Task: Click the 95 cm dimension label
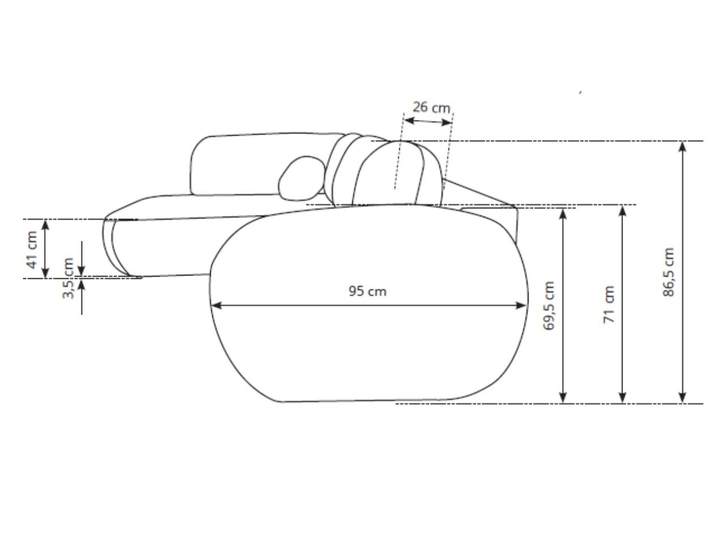coord(367,291)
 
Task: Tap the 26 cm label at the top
coord(431,107)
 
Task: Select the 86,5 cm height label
coord(668,272)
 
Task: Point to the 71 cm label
coord(609,304)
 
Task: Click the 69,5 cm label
coord(549,305)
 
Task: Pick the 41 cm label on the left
coord(32,250)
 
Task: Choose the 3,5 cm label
coord(68,278)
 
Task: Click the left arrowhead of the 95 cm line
coord(216,305)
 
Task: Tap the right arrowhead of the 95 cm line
coord(521,305)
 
